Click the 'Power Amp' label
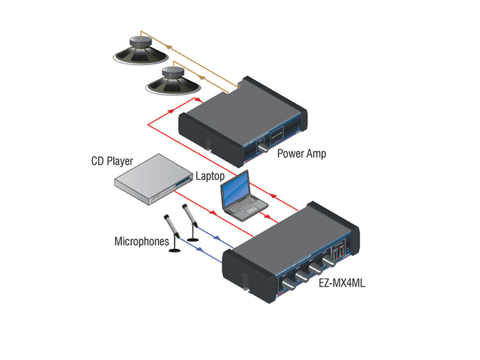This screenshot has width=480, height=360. tap(301, 153)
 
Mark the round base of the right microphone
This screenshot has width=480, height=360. tap(195, 239)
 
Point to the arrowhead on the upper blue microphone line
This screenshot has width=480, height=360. tap(217, 239)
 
